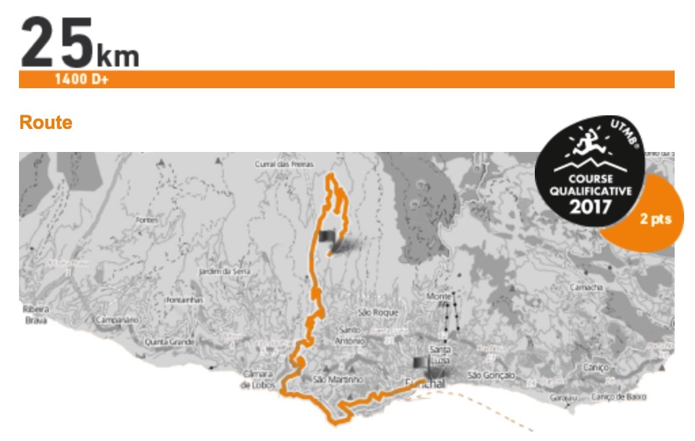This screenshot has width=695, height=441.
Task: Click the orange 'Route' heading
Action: click(x=45, y=123)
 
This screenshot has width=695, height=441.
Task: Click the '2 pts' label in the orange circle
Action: click(x=652, y=219)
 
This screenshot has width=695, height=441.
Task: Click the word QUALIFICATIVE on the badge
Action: click(x=590, y=191)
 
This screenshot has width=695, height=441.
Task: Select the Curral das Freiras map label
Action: click(x=278, y=164)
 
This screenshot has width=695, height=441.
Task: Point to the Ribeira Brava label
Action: click(x=35, y=315)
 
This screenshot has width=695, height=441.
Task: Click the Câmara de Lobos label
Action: click(x=257, y=379)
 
